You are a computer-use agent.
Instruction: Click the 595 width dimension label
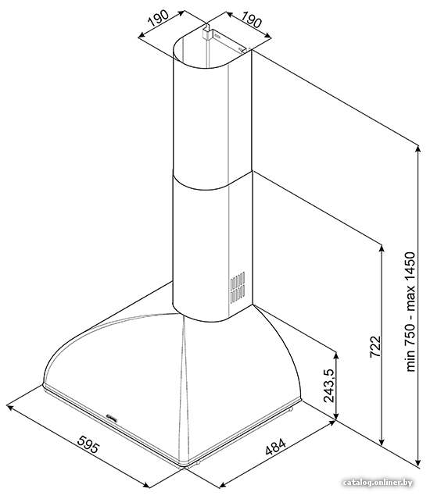pos(88,444)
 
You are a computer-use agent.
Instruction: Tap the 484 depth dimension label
pos(276,447)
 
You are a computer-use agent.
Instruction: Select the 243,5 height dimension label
pos(328,386)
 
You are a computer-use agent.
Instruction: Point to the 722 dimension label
pos(375,347)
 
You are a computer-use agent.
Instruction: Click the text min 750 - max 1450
pos(410,312)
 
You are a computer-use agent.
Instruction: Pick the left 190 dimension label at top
pos(158,18)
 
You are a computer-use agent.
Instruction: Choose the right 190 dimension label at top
pos(251,20)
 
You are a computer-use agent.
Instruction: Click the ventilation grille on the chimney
pos(238,287)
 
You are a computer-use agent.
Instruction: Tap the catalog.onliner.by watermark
pos(378,483)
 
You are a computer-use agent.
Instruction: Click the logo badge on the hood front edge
pos(112,417)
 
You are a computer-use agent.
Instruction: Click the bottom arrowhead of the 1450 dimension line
pos(418,462)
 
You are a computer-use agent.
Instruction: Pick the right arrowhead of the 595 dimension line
pos(146,485)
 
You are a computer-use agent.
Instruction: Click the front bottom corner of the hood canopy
pos(184,466)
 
